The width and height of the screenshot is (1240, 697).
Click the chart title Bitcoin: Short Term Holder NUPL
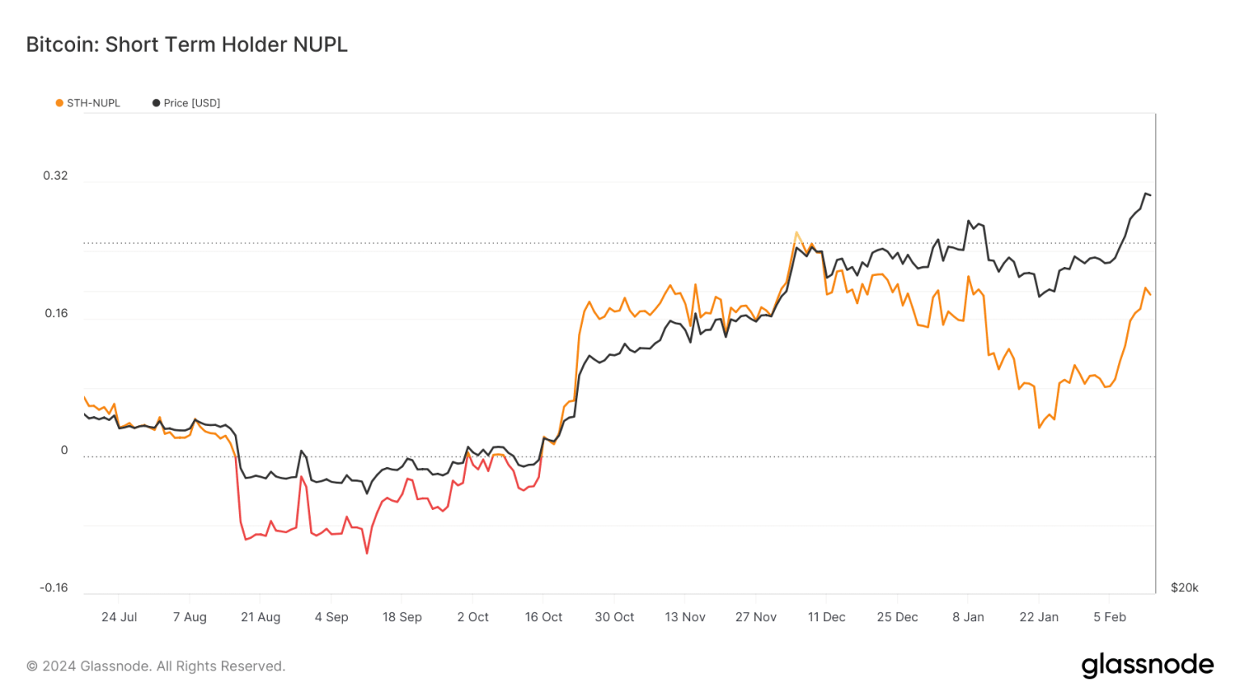[186, 44]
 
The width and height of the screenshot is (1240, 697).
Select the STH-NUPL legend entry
[93, 103]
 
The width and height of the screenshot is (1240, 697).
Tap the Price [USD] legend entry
[191, 103]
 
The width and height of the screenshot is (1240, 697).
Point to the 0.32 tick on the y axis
[56, 176]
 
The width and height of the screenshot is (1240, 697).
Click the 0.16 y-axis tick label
[57, 313]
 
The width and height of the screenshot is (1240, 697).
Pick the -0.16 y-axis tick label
[54, 587]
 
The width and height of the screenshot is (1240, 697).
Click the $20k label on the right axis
[1184, 587]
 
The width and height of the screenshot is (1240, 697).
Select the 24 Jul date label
[119, 617]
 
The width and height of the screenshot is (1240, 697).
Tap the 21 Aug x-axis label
[261, 617]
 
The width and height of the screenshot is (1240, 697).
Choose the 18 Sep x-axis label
[402, 617]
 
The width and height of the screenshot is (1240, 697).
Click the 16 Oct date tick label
[543, 617]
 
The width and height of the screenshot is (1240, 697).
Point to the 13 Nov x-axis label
[685, 617]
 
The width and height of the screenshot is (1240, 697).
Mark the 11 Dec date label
[827, 617]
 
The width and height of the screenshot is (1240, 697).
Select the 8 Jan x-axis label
[968, 617]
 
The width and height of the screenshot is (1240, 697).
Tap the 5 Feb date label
[1109, 617]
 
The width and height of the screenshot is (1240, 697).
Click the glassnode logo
[1147, 665]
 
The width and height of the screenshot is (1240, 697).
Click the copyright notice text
[156, 666]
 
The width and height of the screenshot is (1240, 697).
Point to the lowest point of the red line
[367, 553]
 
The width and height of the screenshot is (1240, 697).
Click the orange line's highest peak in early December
[797, 232]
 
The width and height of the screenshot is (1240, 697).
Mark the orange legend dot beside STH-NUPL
[59, 103]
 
